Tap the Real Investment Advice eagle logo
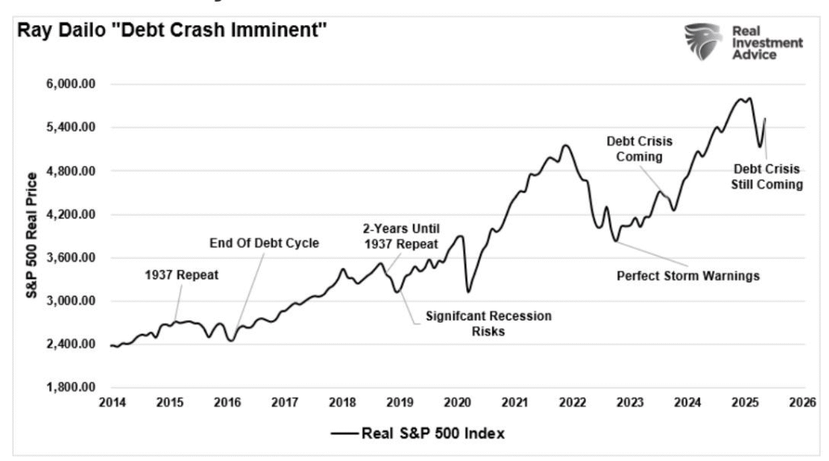pyautogui.click(x=701, y=42)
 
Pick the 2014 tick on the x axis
pyautogui.click(x=110, y=403)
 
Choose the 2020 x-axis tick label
pyautogui.click(x=457, y=403)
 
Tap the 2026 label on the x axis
pyautogui.click(x=803, y=403)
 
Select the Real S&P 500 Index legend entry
pyautogui.click(x=418, y=434)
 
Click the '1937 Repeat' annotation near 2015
pyautogui.click(x=182, y=274)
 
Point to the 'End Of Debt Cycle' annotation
pyautogui.click(x=265, y=242)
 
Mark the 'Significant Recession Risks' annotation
pyautogui.click(x=490, y=323)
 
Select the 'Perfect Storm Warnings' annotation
pyautogui.click(x=688, y=275)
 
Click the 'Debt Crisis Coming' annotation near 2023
pyautogui.click(x=640, y=149)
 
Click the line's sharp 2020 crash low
pyautogui.click(x=467, y=291)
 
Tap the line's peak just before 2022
pyautogui.click(x=565, y=146)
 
